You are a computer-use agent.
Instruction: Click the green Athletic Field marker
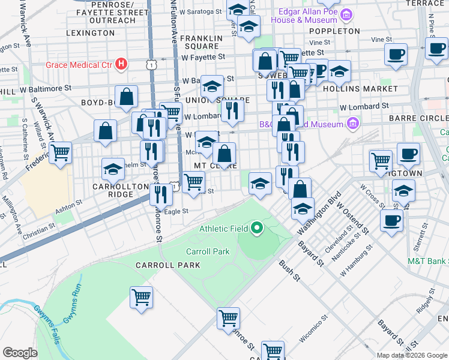click(x=257, y=227)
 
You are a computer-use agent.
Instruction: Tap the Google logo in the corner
click(x=20, y=353)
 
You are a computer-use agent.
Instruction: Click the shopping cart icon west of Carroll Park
click(x=142, y=296)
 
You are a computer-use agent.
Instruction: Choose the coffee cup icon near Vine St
click(x=396, y=54)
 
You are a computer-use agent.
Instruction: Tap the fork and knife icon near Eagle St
click(x=160, y=193)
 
